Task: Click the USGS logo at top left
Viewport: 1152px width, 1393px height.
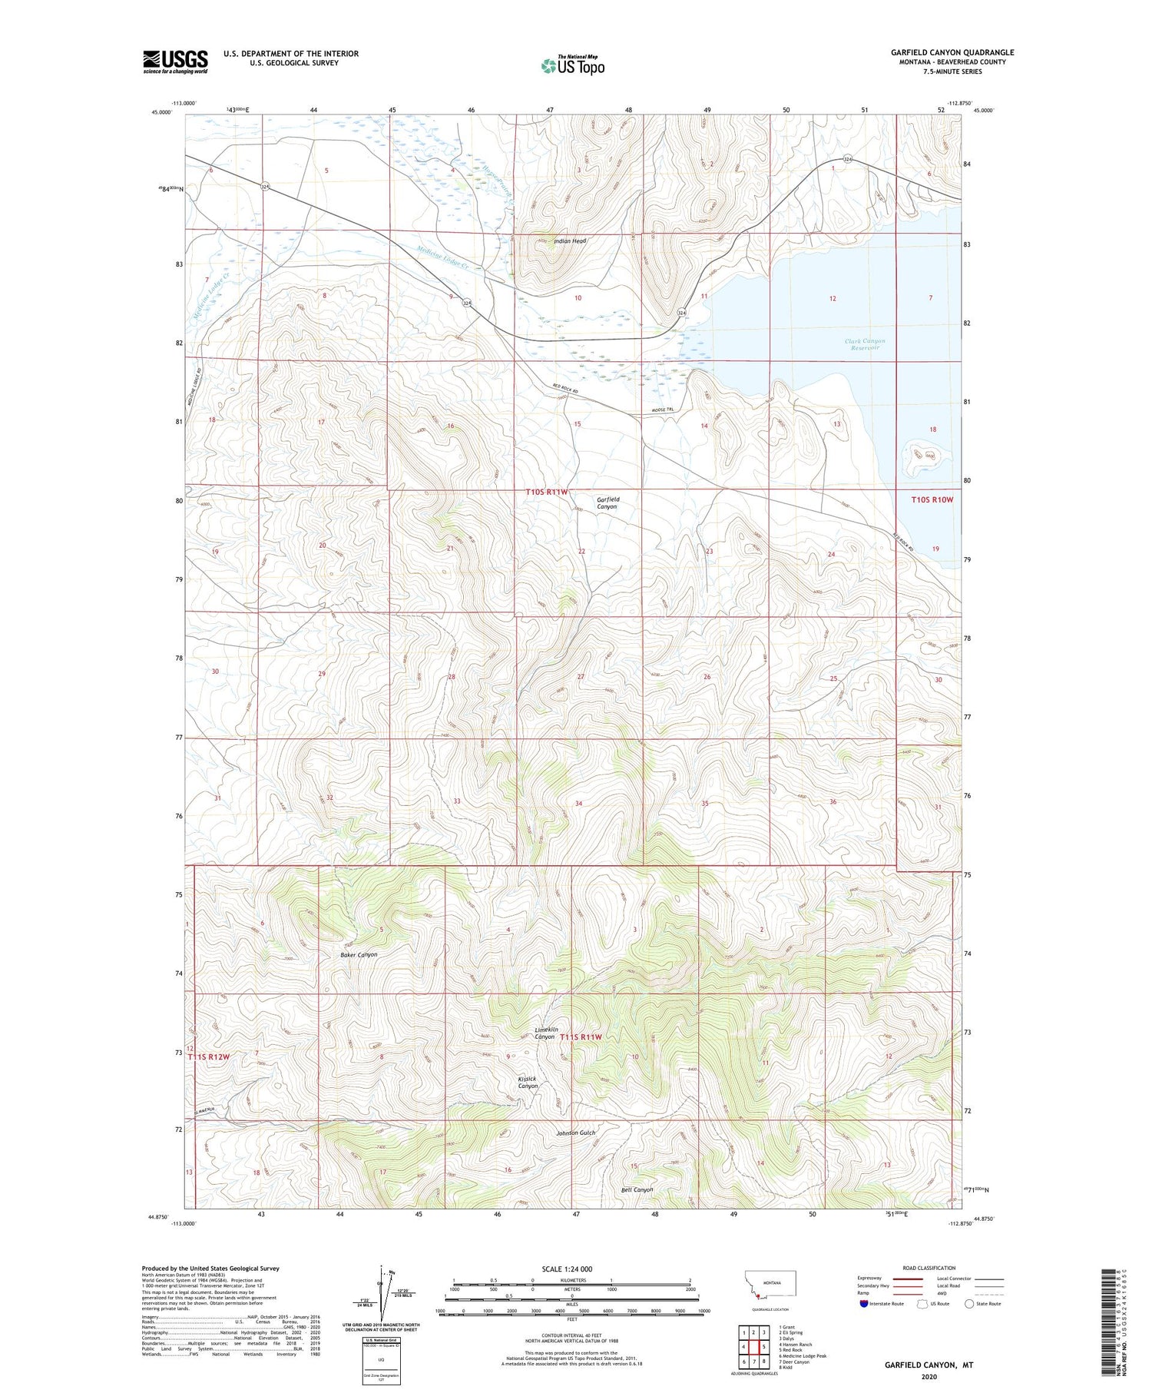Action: (x=175, y=61)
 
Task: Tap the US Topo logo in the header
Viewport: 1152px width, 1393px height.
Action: (x=572, y=66)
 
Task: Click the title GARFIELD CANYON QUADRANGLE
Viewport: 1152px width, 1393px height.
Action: (x=952, y=52)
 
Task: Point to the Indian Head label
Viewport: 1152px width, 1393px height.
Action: (x=570, y=241)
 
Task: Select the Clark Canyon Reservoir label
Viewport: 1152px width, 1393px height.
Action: (x=865, y=344)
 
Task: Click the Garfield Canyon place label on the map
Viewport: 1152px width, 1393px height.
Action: (x=607, y=503)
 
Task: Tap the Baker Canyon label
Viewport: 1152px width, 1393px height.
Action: (x=359, y=954)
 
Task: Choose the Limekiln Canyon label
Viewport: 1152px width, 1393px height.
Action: (x=545, y=1033)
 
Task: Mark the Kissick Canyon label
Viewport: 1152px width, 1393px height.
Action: (x=528, y=1083)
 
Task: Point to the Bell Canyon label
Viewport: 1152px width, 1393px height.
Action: (x=637, y=1189)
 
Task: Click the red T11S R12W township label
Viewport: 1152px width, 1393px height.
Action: (x=209, y=1057)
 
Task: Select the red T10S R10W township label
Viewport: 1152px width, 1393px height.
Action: (x=932, y=499)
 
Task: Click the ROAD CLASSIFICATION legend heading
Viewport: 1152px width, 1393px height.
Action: (x=929, y=1268)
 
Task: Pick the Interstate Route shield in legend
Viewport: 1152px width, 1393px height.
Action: (x=864, y=1304)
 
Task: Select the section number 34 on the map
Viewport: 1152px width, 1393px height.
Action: (x=578, y=803)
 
